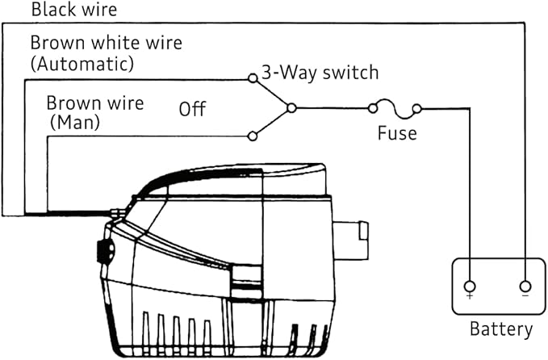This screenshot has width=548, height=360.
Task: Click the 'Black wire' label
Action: (x=74, y=10)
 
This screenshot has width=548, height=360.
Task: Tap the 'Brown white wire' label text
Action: (x=107, y=43)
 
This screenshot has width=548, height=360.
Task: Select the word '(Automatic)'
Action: (x=82, y=64)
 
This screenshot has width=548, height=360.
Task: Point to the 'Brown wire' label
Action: (x=95, y=103)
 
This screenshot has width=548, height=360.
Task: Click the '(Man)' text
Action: (x=75, y=123)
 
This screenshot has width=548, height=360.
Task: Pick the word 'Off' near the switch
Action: (x=192, y=109)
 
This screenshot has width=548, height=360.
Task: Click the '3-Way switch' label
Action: (x=320, y=73)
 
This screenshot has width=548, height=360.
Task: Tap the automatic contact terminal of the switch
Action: (x=253, y=78)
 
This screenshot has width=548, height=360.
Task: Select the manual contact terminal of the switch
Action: (x=253, y=136)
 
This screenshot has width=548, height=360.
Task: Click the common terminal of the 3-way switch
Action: (x=291, y=108)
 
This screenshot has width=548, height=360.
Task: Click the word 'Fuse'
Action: (x=397, y=133)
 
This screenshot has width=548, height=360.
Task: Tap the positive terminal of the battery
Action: (x=470, y=287)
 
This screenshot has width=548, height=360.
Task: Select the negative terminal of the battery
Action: (x=525, y=287)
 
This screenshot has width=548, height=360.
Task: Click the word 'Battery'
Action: (x=501, y=329)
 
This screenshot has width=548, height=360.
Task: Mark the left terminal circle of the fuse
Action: (x=373, y=109)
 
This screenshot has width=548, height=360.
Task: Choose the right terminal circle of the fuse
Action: (x=416, y=109)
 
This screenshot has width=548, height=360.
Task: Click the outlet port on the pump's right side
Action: (x=350, y=241)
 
